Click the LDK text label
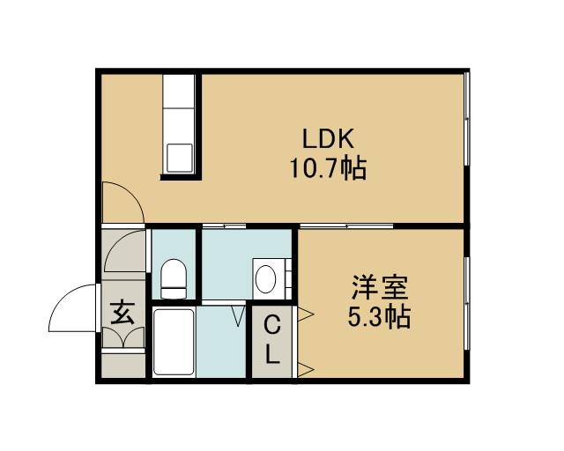(x=329, y=140)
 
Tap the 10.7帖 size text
(x=329, y=167)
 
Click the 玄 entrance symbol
(x=122, y=312)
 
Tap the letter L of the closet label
(x=273, y=356)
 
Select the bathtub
(x=174, y=342)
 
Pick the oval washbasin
(x=266, y=278)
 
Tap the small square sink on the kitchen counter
(x=182, y=157)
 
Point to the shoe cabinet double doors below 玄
(x=122, y=338)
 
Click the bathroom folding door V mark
(x=237, y=314)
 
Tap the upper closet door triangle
(x=307, y=314)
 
